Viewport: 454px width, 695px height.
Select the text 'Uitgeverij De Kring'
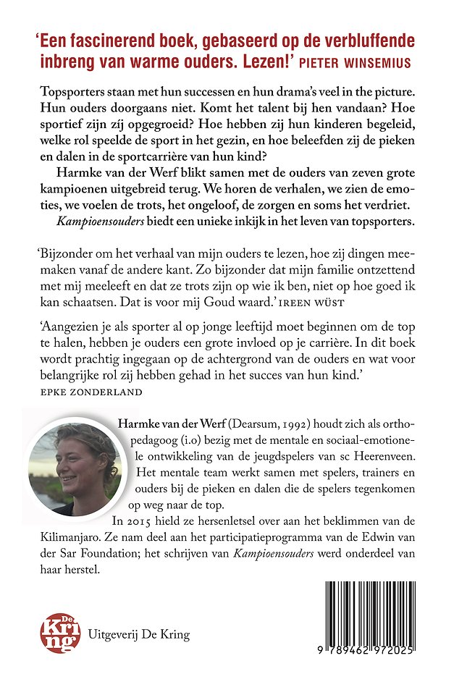138,635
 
